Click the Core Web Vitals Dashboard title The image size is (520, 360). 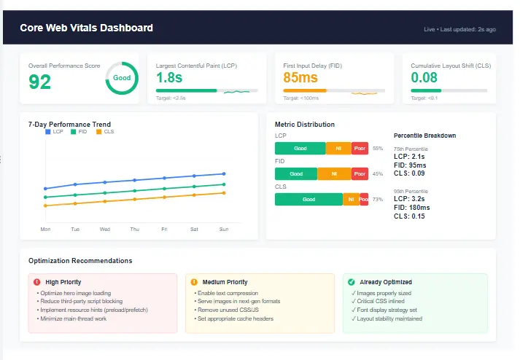[x=86, y=28]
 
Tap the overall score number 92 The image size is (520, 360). [x=40, y=82]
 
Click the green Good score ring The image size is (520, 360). [x=122, y=78]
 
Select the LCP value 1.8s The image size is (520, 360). [x=169, y=77]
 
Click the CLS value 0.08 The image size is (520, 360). [x=424, y=77]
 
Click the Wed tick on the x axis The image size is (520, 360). [x=105, y=229]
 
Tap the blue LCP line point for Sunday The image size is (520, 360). [x=224, y=173]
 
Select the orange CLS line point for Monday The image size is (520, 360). [x=45, y=206]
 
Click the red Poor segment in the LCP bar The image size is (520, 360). [x=360, y=149]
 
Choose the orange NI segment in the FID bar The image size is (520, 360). [x=334, y=174]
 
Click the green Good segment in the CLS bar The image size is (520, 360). [x=308, y=199]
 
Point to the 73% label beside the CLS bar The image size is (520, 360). [x=378, y=199]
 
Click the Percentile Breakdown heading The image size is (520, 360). [x=424, y=136]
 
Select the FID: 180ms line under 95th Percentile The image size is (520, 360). [x=411, y=208]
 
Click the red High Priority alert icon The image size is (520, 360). [x=37, y=282]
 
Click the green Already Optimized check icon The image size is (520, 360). [x=352, y=282]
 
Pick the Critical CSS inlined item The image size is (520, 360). [x=381, y=301]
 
